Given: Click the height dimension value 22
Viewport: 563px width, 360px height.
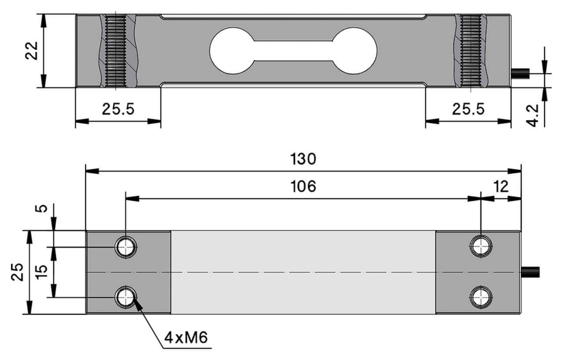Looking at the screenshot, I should click(x=33, y=51).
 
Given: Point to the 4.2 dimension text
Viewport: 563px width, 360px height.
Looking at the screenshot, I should click(x=534, y=115).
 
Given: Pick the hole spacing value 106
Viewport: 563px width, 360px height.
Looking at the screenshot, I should click(x=303, y=187).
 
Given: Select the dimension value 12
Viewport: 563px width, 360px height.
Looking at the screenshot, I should click(x=500, y=186).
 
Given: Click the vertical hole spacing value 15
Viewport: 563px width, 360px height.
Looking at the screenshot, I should click(x=40, y=272).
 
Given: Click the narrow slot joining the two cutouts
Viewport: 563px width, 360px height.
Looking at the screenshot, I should click(x=293, y=51).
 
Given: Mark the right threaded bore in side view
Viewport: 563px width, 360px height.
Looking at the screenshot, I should click(x=470, y=51).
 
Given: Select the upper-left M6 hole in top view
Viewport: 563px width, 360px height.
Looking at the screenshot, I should click(x=126, y=247).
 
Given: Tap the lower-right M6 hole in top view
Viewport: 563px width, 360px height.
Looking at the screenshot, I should click(x=481, y=298).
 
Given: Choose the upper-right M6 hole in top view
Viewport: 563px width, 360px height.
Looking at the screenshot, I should click(x=481, y=246).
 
